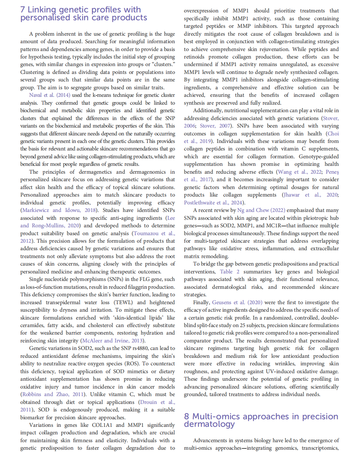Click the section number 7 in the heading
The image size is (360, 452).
[22, 10]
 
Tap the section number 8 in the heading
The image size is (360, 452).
[187, 416]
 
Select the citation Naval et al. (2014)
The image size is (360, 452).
[49, 95]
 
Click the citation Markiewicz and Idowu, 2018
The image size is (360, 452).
[59, 210]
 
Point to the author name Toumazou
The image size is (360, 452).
[147, 233]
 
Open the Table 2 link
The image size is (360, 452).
[229, 272]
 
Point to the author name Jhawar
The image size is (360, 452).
[292, 195]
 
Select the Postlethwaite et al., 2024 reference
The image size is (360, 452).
[213, 203]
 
